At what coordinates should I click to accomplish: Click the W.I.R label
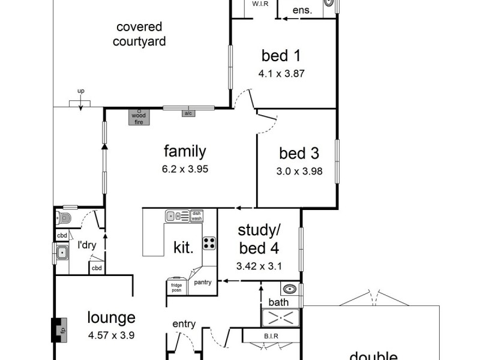(x=260, y=4)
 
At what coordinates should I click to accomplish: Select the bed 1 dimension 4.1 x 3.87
(x=280, y=75)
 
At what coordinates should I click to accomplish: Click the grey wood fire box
(x=139, y=116)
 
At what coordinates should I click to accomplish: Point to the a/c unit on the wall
(x=188, y=113)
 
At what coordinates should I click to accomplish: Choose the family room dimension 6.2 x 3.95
(x=185, y=169)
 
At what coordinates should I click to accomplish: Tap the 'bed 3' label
(x=298, y=154)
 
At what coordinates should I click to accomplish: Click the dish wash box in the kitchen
(x=197, y=216)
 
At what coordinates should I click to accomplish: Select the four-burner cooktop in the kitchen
(x=209, y=243)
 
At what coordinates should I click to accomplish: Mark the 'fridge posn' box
(x=176, y=288)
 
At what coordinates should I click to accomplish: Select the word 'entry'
(x=184, y=324)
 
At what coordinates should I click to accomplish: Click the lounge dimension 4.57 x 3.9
(x=111, y=335)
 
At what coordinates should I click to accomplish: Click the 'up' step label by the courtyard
(x=80, y=91)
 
